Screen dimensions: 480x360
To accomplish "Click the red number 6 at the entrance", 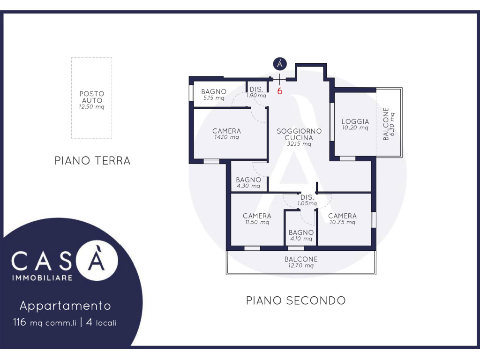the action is click(279, 91).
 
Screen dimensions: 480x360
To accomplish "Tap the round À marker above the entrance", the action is click(280, 64).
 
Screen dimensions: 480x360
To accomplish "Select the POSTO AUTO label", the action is click(92, 97).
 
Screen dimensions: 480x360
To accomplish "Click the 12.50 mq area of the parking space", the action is click(91, 107).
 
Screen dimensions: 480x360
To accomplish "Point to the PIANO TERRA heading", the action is click(92, 161).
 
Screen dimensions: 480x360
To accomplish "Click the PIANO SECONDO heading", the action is click(296, 300).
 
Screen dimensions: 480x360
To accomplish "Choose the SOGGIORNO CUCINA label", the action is click(299, 135).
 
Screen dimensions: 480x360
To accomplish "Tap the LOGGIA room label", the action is click(355, 121).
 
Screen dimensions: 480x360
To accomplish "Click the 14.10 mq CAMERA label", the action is click(226, 134).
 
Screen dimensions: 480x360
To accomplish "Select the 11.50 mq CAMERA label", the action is click(257, 219).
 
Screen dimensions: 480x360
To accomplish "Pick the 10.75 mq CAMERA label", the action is click(342, 219).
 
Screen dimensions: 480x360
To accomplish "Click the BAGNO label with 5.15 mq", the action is click(214, 94).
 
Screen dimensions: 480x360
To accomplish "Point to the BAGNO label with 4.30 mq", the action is click(248, 182).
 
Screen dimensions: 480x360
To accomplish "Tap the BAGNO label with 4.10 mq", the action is click(301, 235).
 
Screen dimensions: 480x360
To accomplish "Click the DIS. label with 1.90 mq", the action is click(256, 92).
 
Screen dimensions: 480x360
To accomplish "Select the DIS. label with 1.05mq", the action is click(307, 200).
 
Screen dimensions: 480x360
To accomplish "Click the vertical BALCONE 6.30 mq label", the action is click(389, 124).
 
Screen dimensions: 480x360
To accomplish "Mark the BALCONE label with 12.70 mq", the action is click(301, 262).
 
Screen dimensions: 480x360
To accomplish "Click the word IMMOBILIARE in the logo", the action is click(42, 278).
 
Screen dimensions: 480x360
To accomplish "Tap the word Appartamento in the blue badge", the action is click(65, 306).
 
